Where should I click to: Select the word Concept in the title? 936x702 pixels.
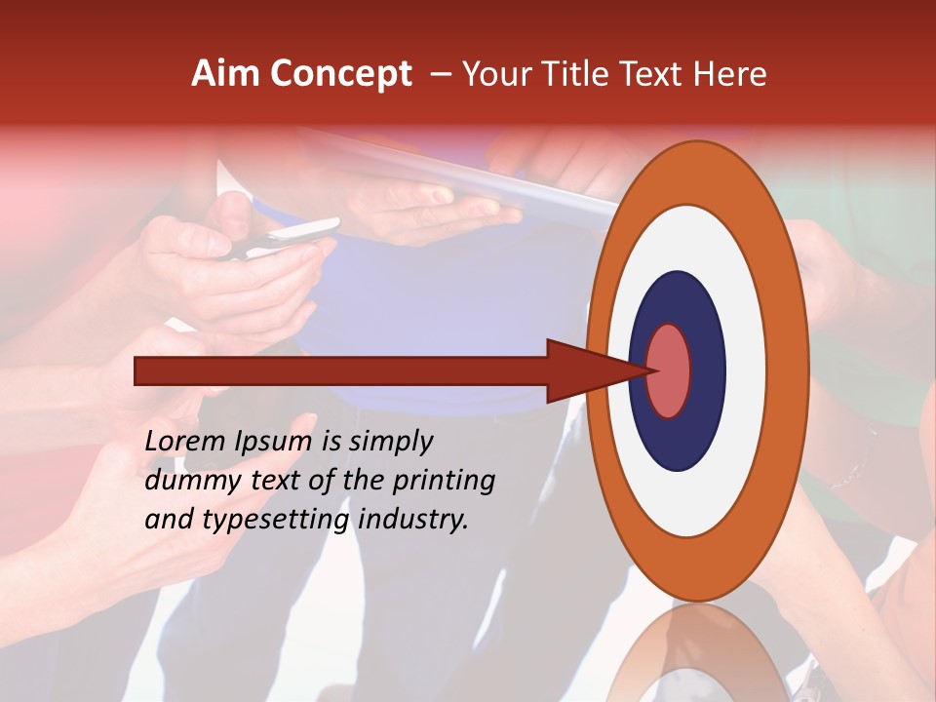(x=341, y=74)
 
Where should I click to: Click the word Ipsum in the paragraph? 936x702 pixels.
(x=274, y=442)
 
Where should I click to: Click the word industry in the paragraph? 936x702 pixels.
(x=413, y=520)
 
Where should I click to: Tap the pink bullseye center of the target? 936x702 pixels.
(x=669, y=370)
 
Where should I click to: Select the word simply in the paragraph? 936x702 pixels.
(x=390, y=442)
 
